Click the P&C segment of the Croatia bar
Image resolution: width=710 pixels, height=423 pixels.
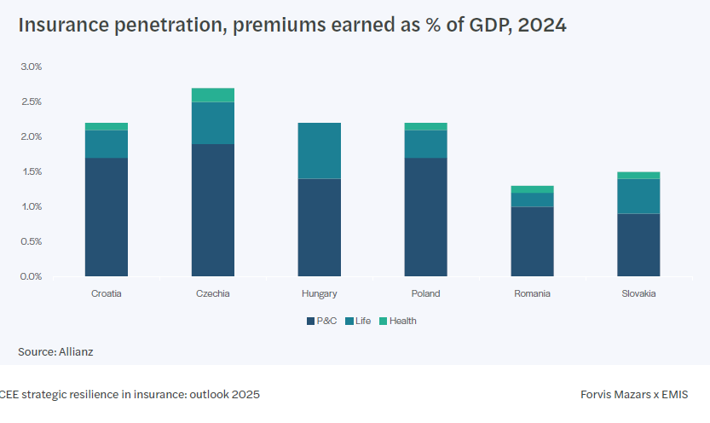point(107,217)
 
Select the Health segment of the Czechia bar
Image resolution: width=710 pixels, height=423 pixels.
point(213,95)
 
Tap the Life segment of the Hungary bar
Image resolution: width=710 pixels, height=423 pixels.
point(320,151)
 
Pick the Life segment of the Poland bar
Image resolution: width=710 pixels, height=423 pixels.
point(426,144)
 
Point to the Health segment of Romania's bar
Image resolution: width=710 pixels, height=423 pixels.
point(533,189)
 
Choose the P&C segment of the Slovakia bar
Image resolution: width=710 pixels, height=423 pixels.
point(639,245)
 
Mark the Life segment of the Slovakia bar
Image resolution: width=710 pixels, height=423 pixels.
point(639,196)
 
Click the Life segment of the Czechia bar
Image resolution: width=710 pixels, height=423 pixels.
point(213,123)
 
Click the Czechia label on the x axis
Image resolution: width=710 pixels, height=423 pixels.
point(213,293)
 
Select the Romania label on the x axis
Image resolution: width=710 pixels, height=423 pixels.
point(533,293)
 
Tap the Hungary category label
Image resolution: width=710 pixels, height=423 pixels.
point(320,293)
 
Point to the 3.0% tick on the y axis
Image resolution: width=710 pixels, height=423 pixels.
point(31,67)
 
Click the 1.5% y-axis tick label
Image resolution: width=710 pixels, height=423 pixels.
point(31,171)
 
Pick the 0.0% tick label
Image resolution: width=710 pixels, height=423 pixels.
point(31,276)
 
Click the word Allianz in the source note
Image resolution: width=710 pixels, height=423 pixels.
point(75,351)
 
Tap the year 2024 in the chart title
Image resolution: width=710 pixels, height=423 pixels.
point(543,26)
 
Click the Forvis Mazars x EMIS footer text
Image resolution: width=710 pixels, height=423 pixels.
point(633,395)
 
